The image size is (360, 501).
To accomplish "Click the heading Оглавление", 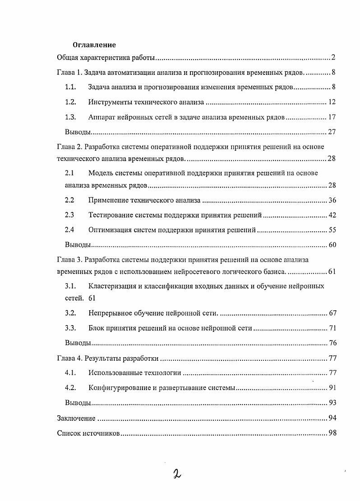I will point(94,45).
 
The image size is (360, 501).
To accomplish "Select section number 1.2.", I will point(70,102).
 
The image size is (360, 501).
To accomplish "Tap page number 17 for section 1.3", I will point(332,117).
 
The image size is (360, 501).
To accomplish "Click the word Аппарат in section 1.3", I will point(102,117).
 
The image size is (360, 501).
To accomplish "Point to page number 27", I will point(332,133).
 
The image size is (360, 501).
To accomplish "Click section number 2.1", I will point(69,173).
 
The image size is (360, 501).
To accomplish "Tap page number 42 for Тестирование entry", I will point(332,215).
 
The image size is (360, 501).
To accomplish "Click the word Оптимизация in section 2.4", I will point(110,230).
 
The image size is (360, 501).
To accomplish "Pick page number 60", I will point(332,245).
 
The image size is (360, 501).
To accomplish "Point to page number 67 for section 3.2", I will point(332,313).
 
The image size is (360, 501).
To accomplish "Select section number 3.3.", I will point(70,328).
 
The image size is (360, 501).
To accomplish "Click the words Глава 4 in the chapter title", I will point(69,358).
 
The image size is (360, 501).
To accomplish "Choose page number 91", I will point(332,388).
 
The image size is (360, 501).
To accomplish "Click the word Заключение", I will point(76,418).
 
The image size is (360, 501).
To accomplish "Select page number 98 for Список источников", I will point(332,433).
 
